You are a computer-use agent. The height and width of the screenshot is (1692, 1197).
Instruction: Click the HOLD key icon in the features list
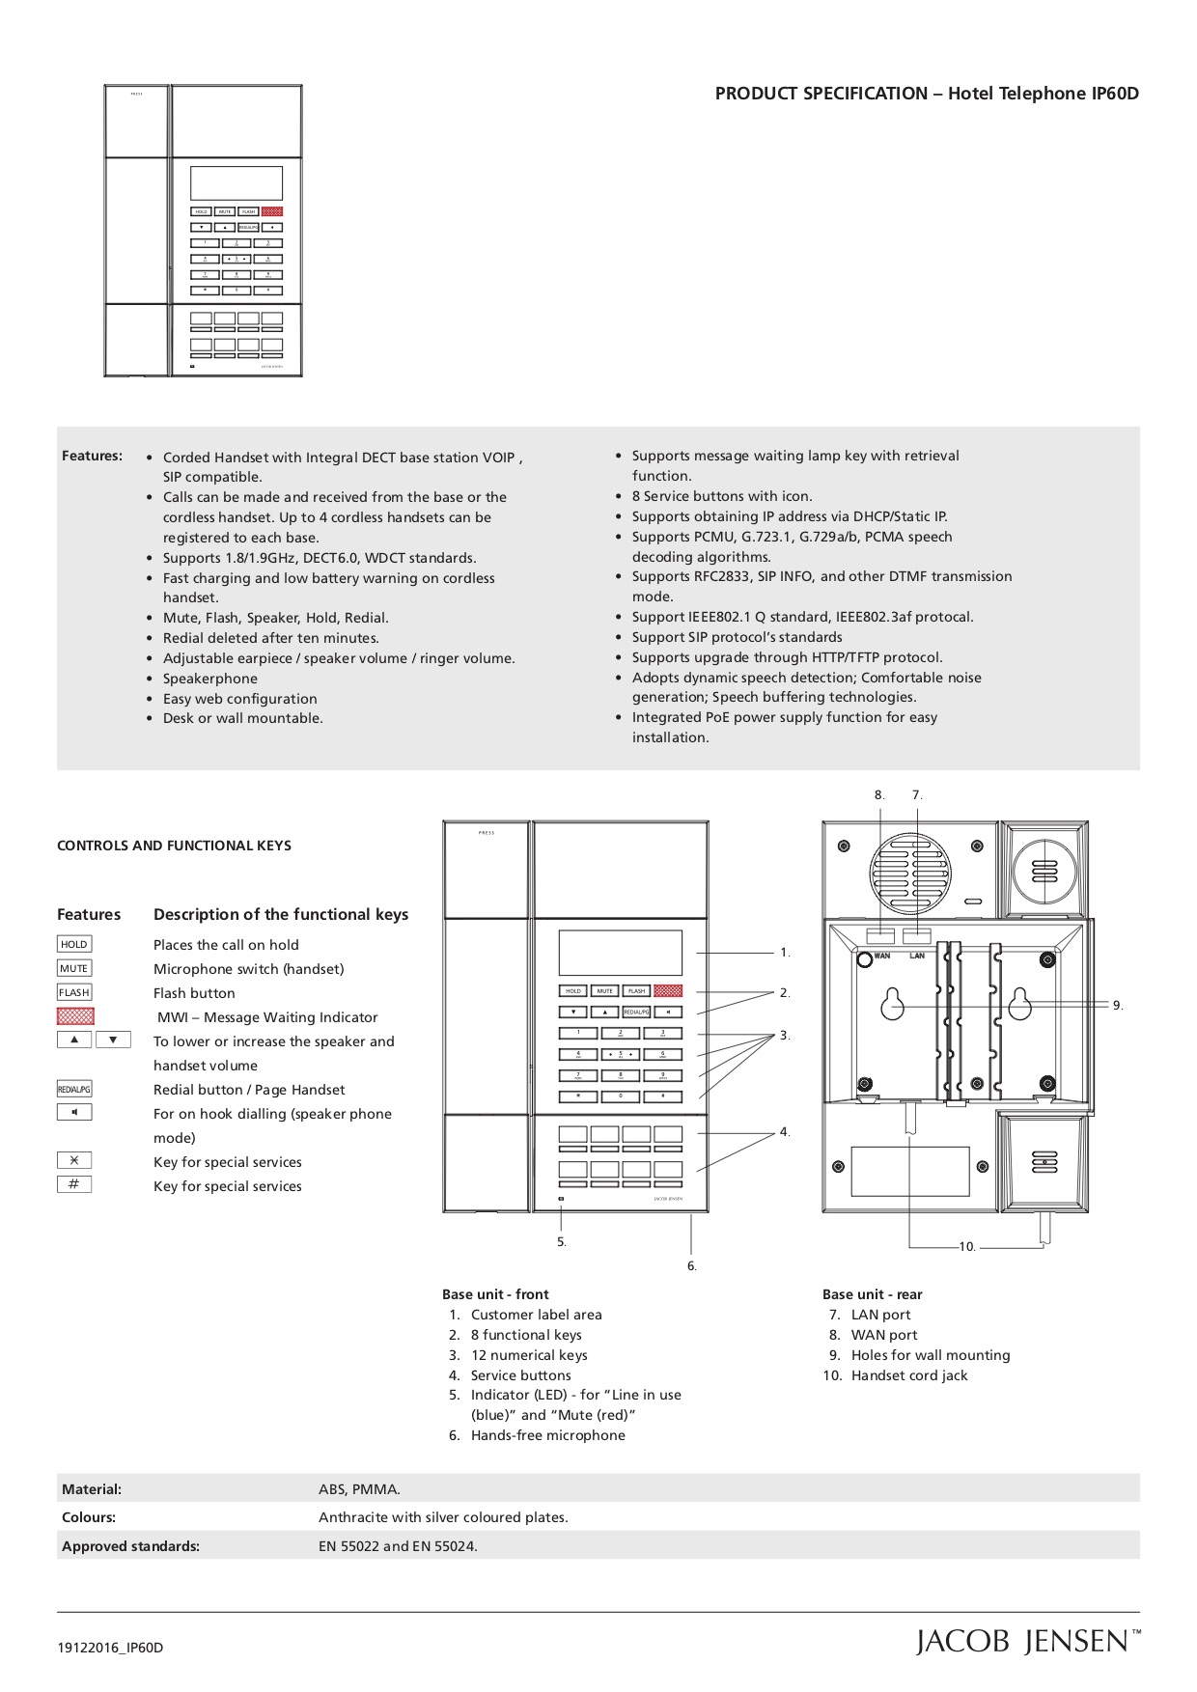click(74, 944)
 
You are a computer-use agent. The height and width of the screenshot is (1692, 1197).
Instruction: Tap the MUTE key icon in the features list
click(74, 968)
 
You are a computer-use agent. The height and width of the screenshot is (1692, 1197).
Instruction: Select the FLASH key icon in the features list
click(74, 992)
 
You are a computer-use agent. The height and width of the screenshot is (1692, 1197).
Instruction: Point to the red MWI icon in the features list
click(75, 1015)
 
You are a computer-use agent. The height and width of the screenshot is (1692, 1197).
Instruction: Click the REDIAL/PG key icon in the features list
click(74, 1089)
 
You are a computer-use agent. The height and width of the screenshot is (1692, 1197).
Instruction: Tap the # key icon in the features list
click(74, 1184)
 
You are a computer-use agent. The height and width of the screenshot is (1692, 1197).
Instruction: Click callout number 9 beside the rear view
click(1117, 1006)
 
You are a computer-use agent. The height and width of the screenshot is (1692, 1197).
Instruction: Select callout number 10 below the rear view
click(967, 1247)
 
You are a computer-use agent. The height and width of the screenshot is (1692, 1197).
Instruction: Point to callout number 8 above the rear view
click(879, 795)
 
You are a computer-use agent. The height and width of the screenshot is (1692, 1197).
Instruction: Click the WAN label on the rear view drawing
click(881, 956)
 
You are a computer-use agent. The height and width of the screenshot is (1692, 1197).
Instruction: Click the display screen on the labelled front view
click(620, 953)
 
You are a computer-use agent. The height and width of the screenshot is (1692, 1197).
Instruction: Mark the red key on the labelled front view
click(668, 991)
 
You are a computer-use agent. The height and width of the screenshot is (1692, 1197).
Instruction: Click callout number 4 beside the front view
click(785, 1132)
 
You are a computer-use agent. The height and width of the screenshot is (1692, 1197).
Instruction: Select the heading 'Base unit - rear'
click(872, 1294)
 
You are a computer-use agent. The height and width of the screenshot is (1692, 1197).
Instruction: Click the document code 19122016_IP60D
click(110, 1648)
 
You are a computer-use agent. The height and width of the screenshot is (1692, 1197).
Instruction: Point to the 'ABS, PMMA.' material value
click(359, 1489)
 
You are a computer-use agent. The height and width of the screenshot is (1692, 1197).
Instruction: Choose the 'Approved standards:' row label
click(130, 1546)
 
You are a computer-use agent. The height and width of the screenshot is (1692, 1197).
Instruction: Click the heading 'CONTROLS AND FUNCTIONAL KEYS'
click(174, 846)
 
